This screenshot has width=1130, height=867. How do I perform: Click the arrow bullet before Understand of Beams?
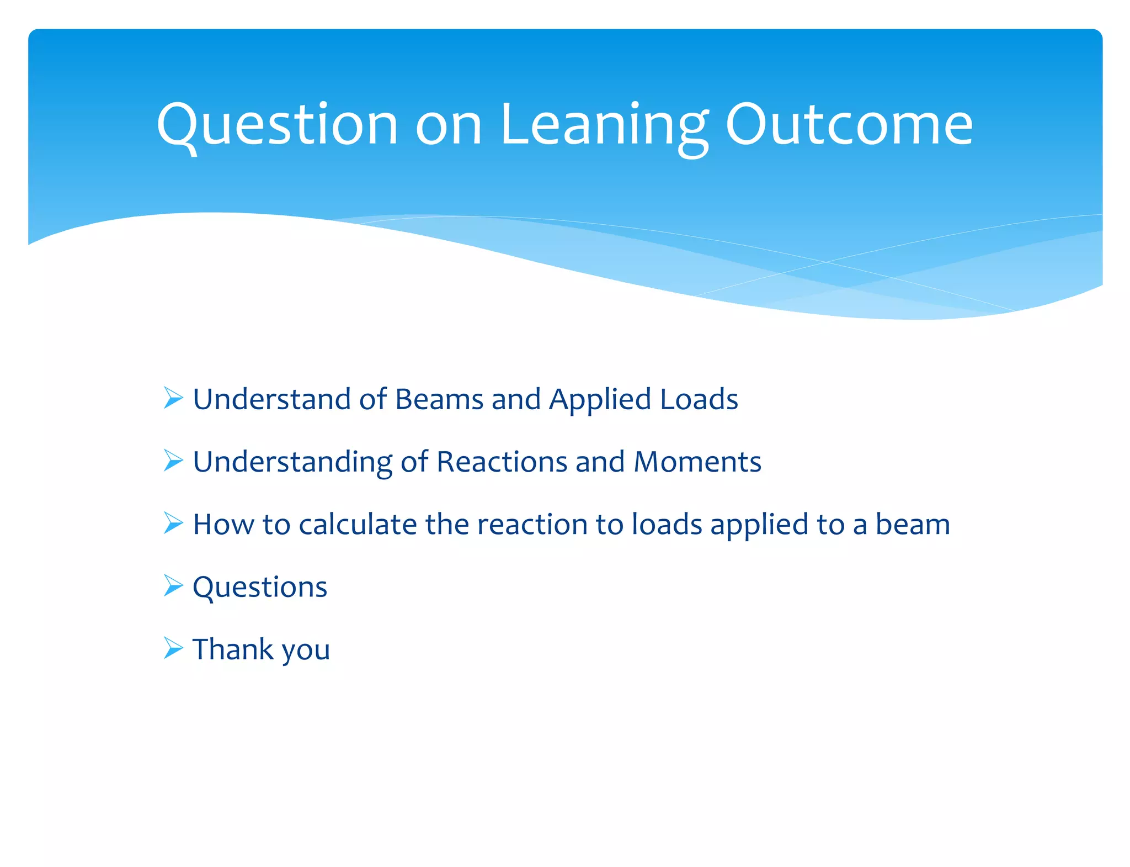pos(173,398)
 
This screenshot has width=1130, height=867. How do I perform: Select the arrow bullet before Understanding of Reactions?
pos(173,461)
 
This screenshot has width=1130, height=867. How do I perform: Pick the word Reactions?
pos(502,462)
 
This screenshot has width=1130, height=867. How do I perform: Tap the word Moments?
pos(697,462)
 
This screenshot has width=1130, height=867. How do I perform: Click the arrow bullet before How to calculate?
pos(173,523)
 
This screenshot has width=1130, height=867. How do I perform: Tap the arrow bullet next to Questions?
pos(173,585)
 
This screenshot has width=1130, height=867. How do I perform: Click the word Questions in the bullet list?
pos(260,587)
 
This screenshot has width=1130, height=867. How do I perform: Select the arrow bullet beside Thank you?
pos(173,648)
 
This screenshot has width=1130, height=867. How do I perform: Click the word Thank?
pos(233,649)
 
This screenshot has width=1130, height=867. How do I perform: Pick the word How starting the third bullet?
pos(223,525)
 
